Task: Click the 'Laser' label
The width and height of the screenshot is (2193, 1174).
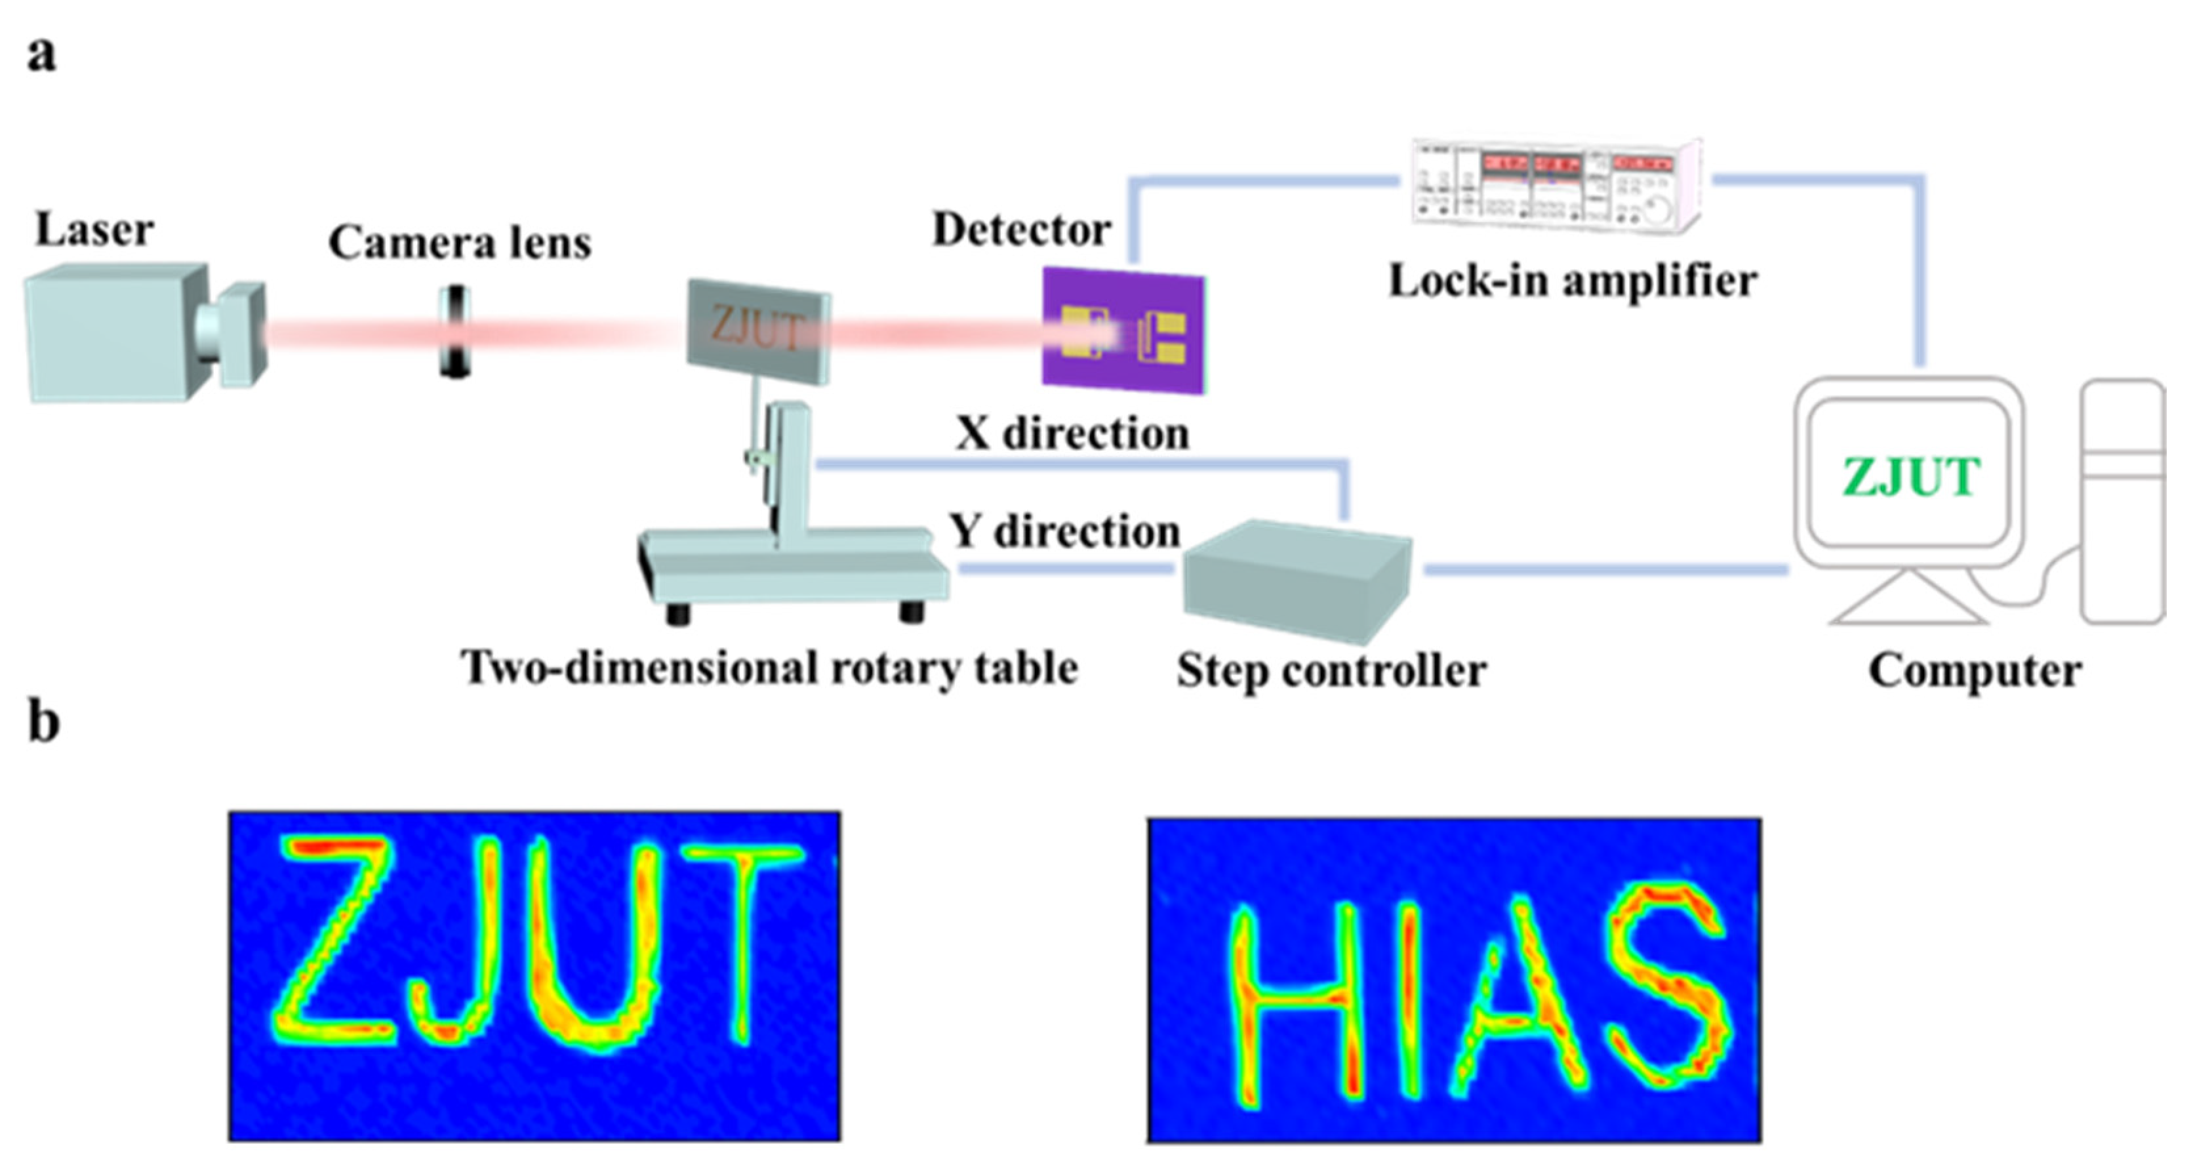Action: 94,229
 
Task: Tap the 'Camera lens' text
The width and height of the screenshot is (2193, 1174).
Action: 460,243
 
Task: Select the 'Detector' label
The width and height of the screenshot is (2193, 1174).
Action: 1022,229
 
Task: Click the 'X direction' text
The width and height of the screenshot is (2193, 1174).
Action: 1072,434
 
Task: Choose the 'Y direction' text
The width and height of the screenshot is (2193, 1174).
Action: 1065,531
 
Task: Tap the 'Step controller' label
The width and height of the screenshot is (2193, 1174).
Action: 1331,671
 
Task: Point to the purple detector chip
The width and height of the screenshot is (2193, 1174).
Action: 1124,331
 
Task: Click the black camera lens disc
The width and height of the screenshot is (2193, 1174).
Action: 456,331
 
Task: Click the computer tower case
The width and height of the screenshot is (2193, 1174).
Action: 2122,502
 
